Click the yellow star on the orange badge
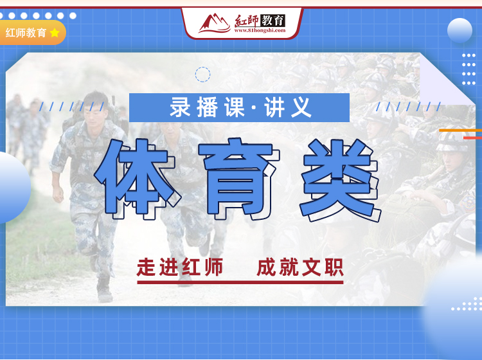(55, 33)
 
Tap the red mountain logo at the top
(214, 23)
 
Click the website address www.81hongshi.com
(260, 30)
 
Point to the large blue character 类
(341, 180)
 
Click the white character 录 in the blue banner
(181, 107)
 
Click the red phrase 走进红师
(180, 267)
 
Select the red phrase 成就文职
(300, 267)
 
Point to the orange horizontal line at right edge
(461, 130)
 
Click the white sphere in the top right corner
(460, 30)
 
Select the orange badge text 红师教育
(26, 33)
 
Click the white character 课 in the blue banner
(235, 107)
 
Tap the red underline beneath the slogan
(240, 282)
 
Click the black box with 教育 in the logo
(273, 21)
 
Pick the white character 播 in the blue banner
(208, 107)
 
